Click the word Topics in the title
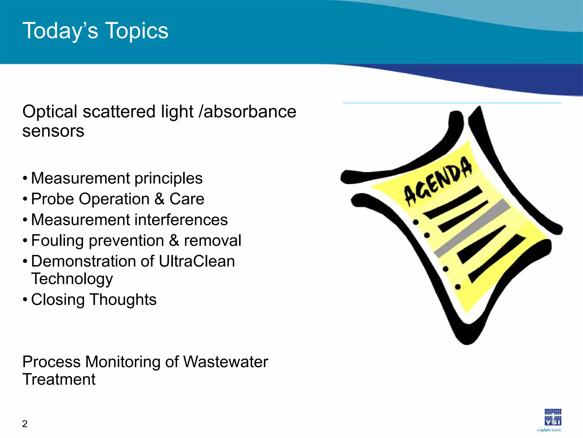click(x=137, y=31)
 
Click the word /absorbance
click(x=247, y=111)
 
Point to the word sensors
click(x=53, y=131)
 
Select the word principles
click(x=169, y=179)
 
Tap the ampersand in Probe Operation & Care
click(x=160, y=199)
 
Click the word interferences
click(x=181, y=220)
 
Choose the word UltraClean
click(x=197, y=261)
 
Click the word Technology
click(x=72, y=279)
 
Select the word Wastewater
click(x=225, y=362)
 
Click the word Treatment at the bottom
click(x=59, y=380)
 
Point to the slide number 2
click(x=25, y=424)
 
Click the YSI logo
click(x=553, y=417)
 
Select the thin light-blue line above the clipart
click(x=452, y=103)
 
